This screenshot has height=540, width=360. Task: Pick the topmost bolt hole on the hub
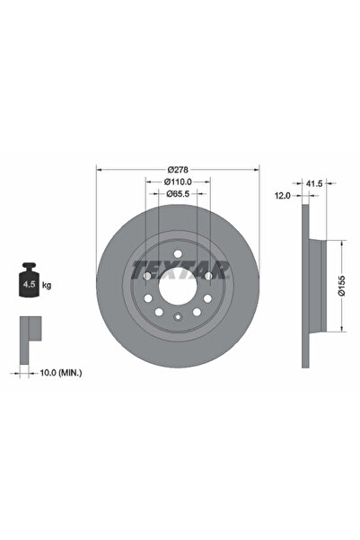tap(178, 256)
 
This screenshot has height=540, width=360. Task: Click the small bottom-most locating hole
tap(178, 315)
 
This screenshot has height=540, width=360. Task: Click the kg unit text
tap(47, 285)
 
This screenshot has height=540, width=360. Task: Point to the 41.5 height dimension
tap(313, 182)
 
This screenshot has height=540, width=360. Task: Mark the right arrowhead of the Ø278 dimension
tap(259, 170)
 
